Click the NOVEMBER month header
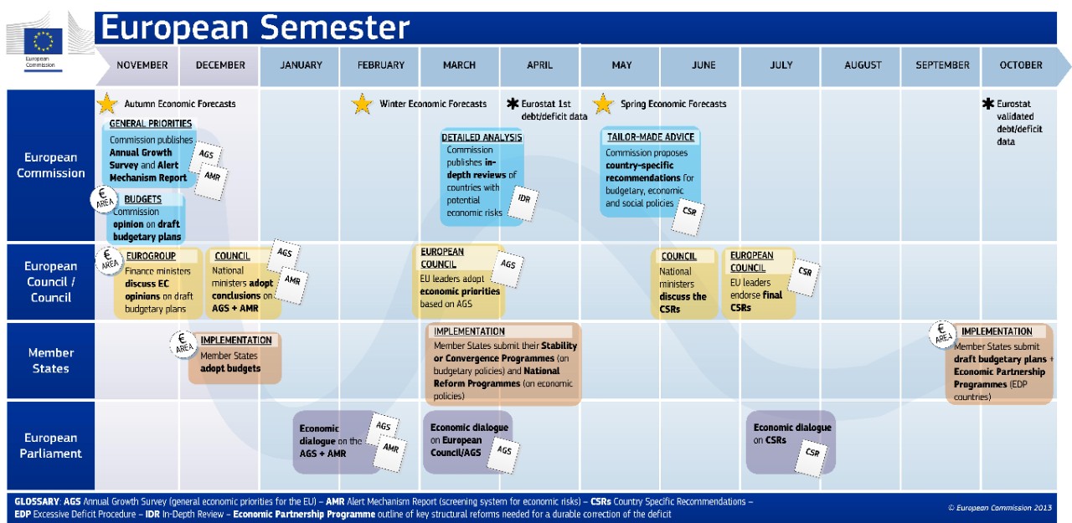142,65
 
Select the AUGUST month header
863,65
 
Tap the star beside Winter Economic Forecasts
362,104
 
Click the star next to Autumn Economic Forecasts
106,104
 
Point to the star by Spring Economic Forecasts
603,104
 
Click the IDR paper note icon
523,203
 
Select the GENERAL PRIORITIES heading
150,123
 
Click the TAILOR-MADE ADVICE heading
651,136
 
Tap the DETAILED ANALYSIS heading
482,137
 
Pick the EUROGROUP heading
151,256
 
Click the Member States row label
51,361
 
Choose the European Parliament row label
51,445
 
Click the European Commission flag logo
43,41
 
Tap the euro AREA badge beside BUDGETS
104,199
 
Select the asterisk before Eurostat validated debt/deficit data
987,103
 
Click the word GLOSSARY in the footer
36,501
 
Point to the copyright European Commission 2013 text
1000,508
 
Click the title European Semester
255,28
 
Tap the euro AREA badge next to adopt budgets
183,344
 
